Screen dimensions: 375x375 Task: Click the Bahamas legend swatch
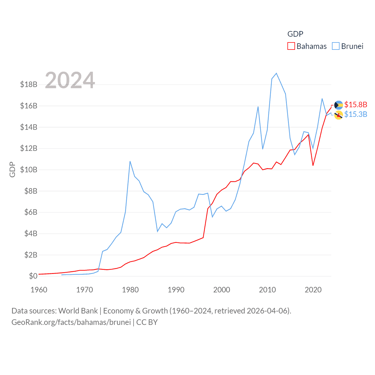pos(291,46)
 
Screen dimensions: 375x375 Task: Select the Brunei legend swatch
pos(336,46)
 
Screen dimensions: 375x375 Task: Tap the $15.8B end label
pos(356,105)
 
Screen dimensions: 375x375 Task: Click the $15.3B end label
pos(356,114)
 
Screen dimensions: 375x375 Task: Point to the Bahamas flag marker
pos(339,105)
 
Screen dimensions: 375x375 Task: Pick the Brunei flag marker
pos(339,115)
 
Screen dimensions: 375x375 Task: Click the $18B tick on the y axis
pos(29,85)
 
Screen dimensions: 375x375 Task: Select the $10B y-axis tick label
pos(29,170)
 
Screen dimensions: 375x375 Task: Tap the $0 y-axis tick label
pos(33,276)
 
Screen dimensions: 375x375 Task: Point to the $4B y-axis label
pos(31,233)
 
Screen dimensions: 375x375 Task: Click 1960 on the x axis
pos(39,290)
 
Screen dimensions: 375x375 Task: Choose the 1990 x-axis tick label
pos(176,290)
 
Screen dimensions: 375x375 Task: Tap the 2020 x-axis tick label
pos(313,290)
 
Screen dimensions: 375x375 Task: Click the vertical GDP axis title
pos(12,169)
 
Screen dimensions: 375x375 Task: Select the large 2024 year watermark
pos(70,80)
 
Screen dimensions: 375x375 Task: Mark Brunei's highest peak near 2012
pos(276,73)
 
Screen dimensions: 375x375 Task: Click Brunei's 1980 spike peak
pos(130,161)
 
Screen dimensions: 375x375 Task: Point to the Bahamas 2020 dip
pos(313,166)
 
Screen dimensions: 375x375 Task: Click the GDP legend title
pos(295,34)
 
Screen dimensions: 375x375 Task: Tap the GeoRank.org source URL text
pos(71,322)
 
